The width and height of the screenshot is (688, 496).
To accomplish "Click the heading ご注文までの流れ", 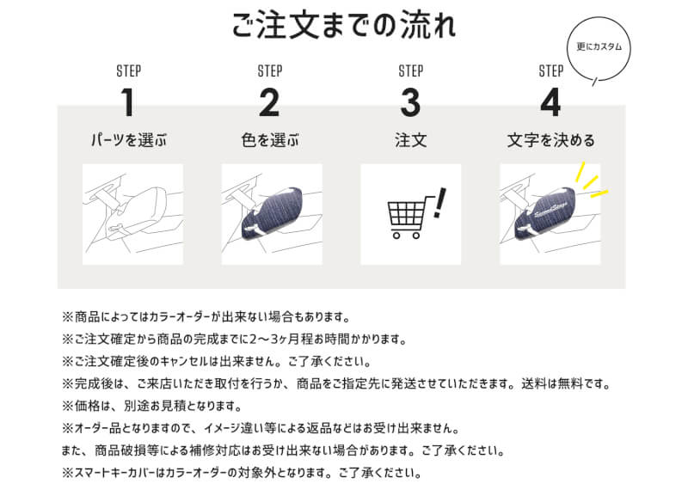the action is [x=343, y=26].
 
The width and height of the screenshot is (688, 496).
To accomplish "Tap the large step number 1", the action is [x=127, y=102].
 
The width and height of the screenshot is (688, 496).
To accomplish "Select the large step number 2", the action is [x=269, y=102].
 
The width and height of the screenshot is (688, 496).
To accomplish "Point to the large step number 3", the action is [x=410, y=102].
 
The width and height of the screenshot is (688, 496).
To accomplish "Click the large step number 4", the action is [x=550, y=102].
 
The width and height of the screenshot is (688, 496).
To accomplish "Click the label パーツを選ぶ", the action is [x=128, y=140].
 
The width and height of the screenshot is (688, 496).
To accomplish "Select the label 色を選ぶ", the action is [x=270, y=140].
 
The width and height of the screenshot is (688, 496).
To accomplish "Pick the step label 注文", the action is [x=411, y=140].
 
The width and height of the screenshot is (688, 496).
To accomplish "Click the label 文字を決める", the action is [x=551, y=140].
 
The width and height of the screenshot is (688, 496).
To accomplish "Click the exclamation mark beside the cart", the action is [x=439, y=203].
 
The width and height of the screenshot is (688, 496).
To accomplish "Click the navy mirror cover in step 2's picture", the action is [x=272, y=213].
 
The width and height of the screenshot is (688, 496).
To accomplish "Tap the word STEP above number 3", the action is [x=411, y=71].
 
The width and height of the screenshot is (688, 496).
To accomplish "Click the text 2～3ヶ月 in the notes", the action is [x=281, y=339].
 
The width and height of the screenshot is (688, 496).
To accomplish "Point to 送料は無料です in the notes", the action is [x=566, y=383].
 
